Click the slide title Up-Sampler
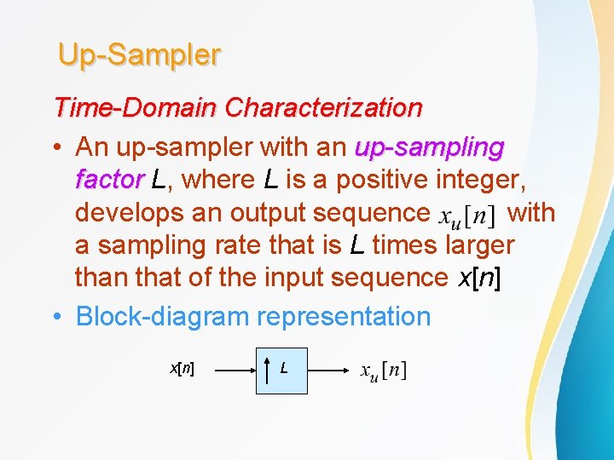(139, 55)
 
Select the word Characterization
(323, 108)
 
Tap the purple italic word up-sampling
(429, 147)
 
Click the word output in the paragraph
(240, 212)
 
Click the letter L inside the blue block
(284, 369)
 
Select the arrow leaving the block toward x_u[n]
(327, 370)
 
